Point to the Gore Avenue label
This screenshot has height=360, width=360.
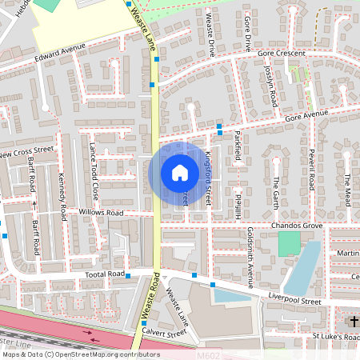pyautogui.click(x=308, y=117)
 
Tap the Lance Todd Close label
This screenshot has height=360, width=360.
pyautogui.click(x=94, y=171)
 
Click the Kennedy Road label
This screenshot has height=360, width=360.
pyautogui.click(x=62, y=198)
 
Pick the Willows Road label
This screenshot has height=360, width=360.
pyautogui.click(x=101, y=213)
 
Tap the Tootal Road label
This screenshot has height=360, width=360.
pyautogui.click(x=105, y=274)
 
